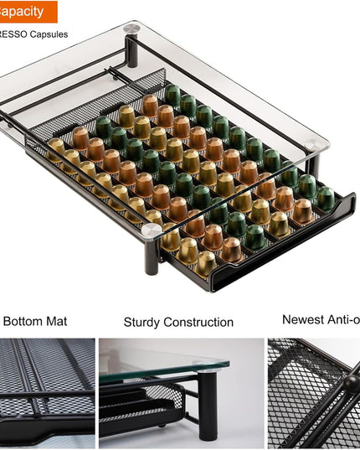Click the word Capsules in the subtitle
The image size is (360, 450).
tap(49, 34)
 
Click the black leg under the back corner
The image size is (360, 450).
tap(132, 50)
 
